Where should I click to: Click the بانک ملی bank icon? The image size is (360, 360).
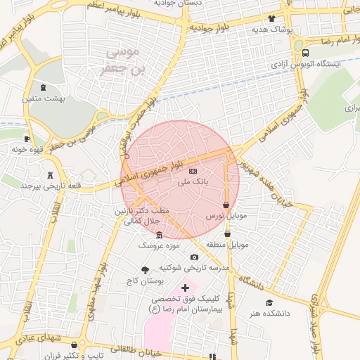[x=193, y=171]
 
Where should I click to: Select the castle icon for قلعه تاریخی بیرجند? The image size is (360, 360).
[x=49, y=175]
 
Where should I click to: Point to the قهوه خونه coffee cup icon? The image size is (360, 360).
[x=27, y=139]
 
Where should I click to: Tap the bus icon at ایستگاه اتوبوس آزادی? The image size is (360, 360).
[x=304, y=53]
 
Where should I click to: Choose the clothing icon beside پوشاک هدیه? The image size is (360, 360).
[x=271, y=19]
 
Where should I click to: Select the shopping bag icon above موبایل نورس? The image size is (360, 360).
[x=226, y=205]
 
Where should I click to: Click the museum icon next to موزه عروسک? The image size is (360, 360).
[x=160, y=235]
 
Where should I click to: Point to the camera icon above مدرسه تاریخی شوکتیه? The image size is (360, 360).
[x=195, y=257]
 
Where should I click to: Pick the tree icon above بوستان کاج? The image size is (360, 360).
[x=146, y=269]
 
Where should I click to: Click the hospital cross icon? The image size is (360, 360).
[x=186, y=288]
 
